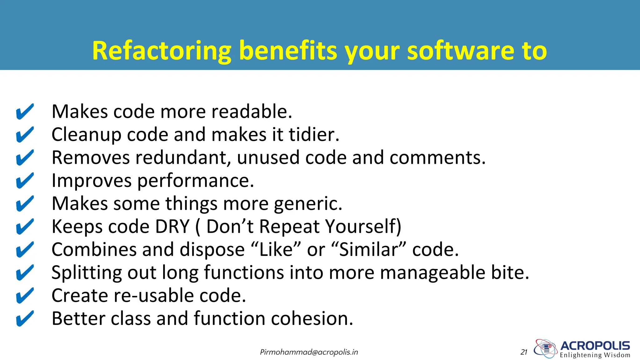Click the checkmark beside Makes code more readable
[25, 112]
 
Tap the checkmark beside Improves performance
[25, 181]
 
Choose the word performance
[196, 181]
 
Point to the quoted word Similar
[368, 250]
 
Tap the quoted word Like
[276, 250]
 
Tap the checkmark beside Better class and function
[25, 318]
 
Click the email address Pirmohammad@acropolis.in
[309, 352]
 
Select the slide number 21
[524, 352]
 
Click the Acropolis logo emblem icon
[545, 348]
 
